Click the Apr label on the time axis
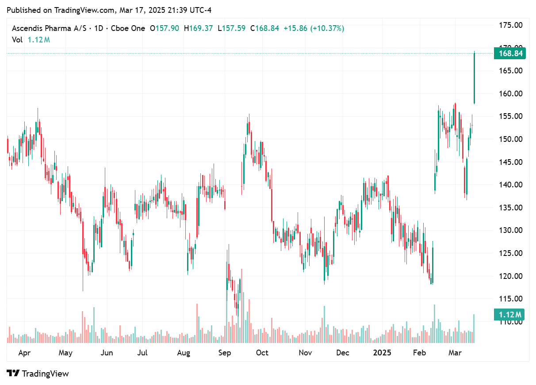pos(25,353)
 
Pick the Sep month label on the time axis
pos(225,353)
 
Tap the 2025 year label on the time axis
pos(382,353)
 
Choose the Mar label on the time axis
pos(455,353)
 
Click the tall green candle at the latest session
pos(474,77)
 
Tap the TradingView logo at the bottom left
pos(38,374)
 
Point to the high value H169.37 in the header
pos(199,28)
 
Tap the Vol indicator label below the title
pos(17,40)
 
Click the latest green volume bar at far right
pos(474,328)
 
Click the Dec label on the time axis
pos(343,353)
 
